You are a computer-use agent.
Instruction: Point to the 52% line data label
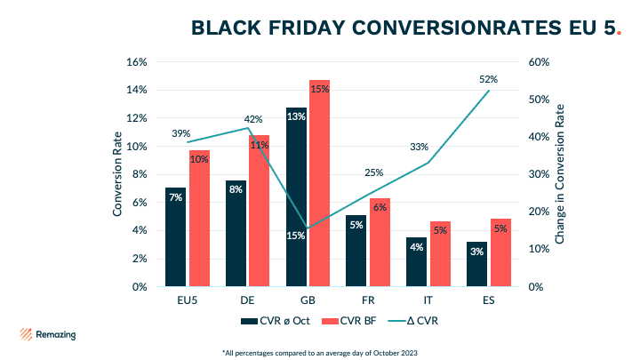click(488, 79)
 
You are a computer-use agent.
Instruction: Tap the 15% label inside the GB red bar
click(320, 89)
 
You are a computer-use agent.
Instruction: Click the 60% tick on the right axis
click(540, 62)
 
